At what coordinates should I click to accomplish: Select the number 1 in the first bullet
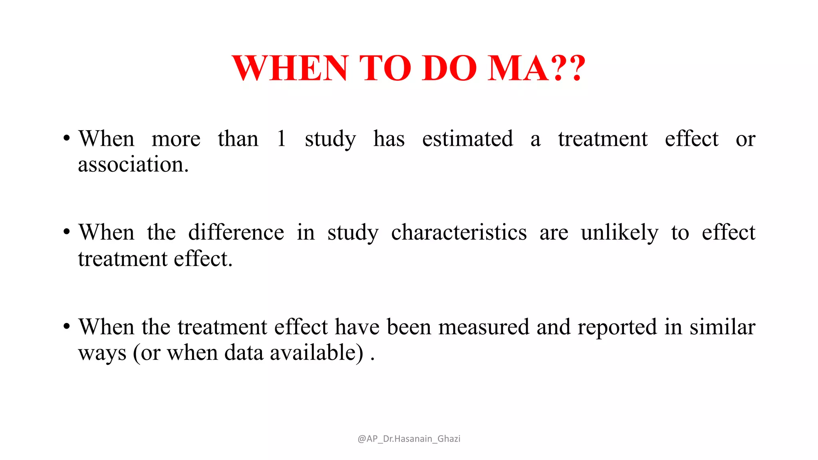(x=281, y=139)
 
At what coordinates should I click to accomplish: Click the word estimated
(x=467, y=139)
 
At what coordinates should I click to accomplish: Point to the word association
(x=133, y=165)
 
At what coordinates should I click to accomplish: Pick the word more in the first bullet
(x=176, y=140)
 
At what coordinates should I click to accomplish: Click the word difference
(x=236, y=232)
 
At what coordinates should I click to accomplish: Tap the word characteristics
(x=459, y=232)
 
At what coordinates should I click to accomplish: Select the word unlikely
(x=619, y=233)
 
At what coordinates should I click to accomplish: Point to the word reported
(x=617, y=328)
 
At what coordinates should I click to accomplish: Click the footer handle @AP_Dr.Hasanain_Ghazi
(x=409, y=439)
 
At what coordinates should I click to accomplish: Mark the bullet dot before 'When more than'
(x=67, y=139)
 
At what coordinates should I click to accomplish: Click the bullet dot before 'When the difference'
(x=67, y=232)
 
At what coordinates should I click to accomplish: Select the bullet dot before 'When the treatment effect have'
(x=67, y=326)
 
